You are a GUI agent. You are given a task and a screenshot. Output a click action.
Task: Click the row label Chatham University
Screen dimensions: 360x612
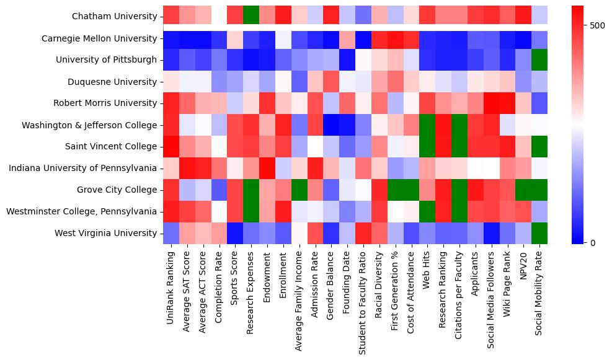pos(114,17)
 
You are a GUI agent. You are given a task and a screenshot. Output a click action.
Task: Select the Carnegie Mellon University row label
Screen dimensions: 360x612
pos(99,38)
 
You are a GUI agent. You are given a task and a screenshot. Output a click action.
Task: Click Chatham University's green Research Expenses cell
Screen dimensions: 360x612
pos(251,17)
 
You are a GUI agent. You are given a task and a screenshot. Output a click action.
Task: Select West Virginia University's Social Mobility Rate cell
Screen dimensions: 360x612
pos(540,233)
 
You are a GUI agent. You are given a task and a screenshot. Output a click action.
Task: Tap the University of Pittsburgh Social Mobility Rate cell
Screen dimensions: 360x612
pos(540,60)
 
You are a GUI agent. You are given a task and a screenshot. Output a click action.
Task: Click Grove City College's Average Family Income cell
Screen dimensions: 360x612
pos(299,190)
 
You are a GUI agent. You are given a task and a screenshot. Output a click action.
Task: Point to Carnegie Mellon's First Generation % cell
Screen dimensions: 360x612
pos(396,38)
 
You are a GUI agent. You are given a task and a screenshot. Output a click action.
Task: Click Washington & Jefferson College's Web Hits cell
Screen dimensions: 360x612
pos(428,125)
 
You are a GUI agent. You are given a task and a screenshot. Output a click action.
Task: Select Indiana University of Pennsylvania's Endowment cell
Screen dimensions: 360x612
pos(267,168)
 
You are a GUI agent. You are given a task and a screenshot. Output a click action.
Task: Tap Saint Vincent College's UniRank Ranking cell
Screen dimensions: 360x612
pos(171,146)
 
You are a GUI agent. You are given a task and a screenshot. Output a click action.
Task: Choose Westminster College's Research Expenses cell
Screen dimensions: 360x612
pos(251,211)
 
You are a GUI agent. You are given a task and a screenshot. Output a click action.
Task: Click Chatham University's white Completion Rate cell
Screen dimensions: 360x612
pos(219,17)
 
